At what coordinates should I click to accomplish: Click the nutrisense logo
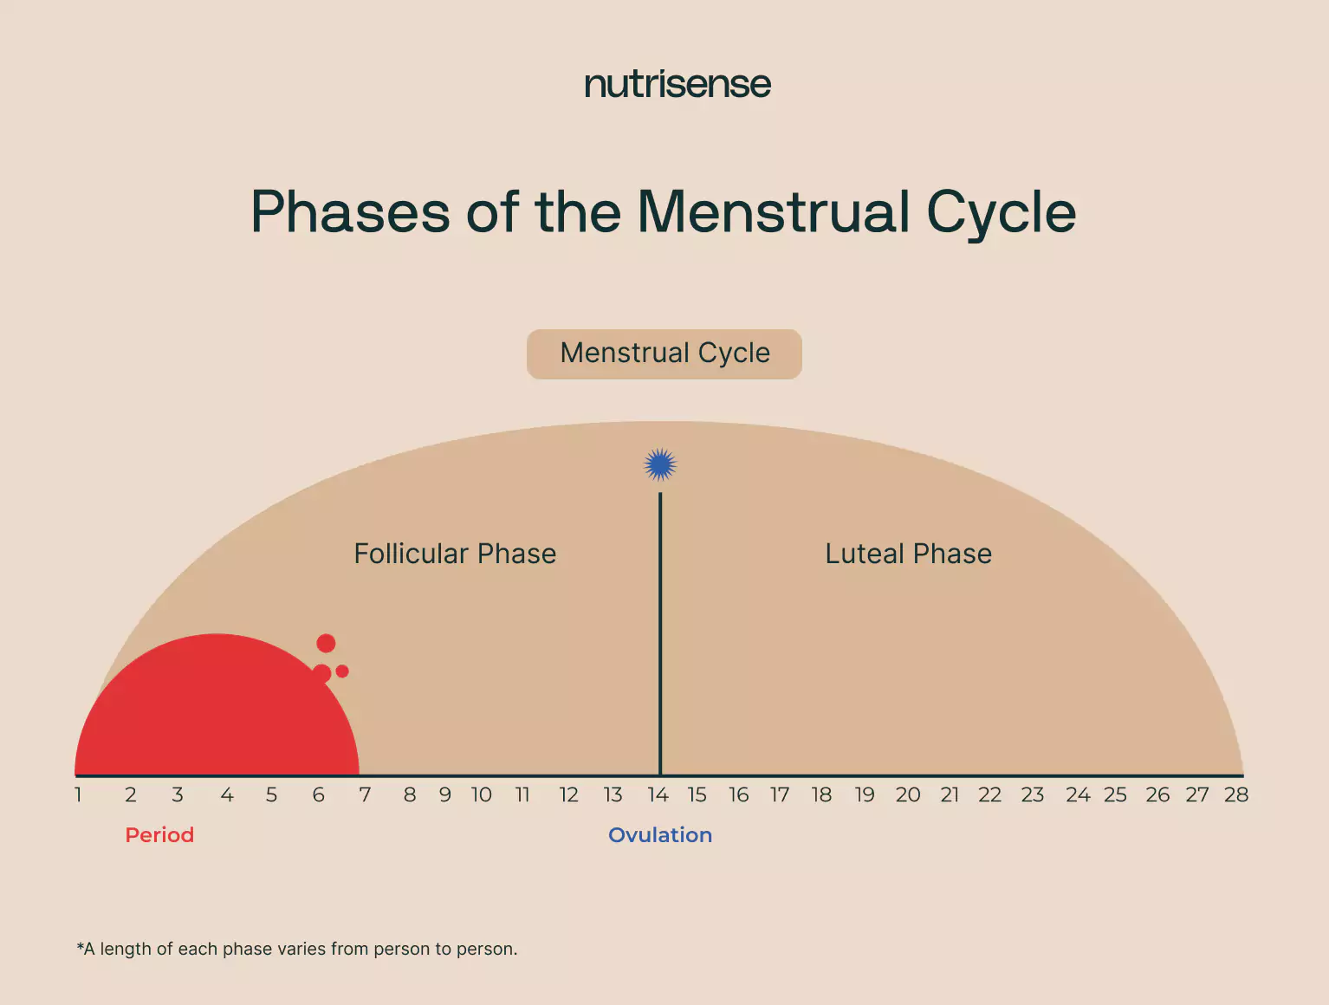pyautogui.click(x=677, y=84)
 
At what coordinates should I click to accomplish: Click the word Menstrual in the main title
pyautogui.click(x=773, y=211)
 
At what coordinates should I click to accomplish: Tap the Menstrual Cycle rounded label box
pyautogui.click(x=664, y=354)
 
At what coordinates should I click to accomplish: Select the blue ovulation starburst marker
pyautogui.click(x=660, y=465)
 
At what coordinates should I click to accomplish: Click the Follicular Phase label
pyautogui.click(x=455, y=554)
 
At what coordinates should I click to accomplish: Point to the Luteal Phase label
pyautogui.click(x=908, y=554)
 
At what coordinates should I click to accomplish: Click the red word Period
pyautogui.click(x=159, y=835)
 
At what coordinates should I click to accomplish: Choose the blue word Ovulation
pyautogui.click(x=660, y=835)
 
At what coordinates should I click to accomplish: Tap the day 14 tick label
pyautogui.click(x=658, y=794)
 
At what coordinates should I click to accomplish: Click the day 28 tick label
pyautogui.click(x=1236, y=794)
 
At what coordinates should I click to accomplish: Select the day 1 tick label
pyautogui.click(x=78, y=794)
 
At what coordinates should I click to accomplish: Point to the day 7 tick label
pyautogui.click(x=365, y=794)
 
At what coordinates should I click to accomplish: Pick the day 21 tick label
pyautogui.click(x=950, y=794)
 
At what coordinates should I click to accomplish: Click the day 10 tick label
pyautogui.click(x=482, y=794)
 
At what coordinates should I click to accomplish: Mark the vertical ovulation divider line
pyautogui.click(x=660, y=634)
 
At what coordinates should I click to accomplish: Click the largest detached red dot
pyautogui.click(x=326, y=643)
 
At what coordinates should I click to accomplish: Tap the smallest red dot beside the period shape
pyautogui.click(x=342, y=671)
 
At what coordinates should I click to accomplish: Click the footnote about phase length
pyautogui.click(x=296, y=949)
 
